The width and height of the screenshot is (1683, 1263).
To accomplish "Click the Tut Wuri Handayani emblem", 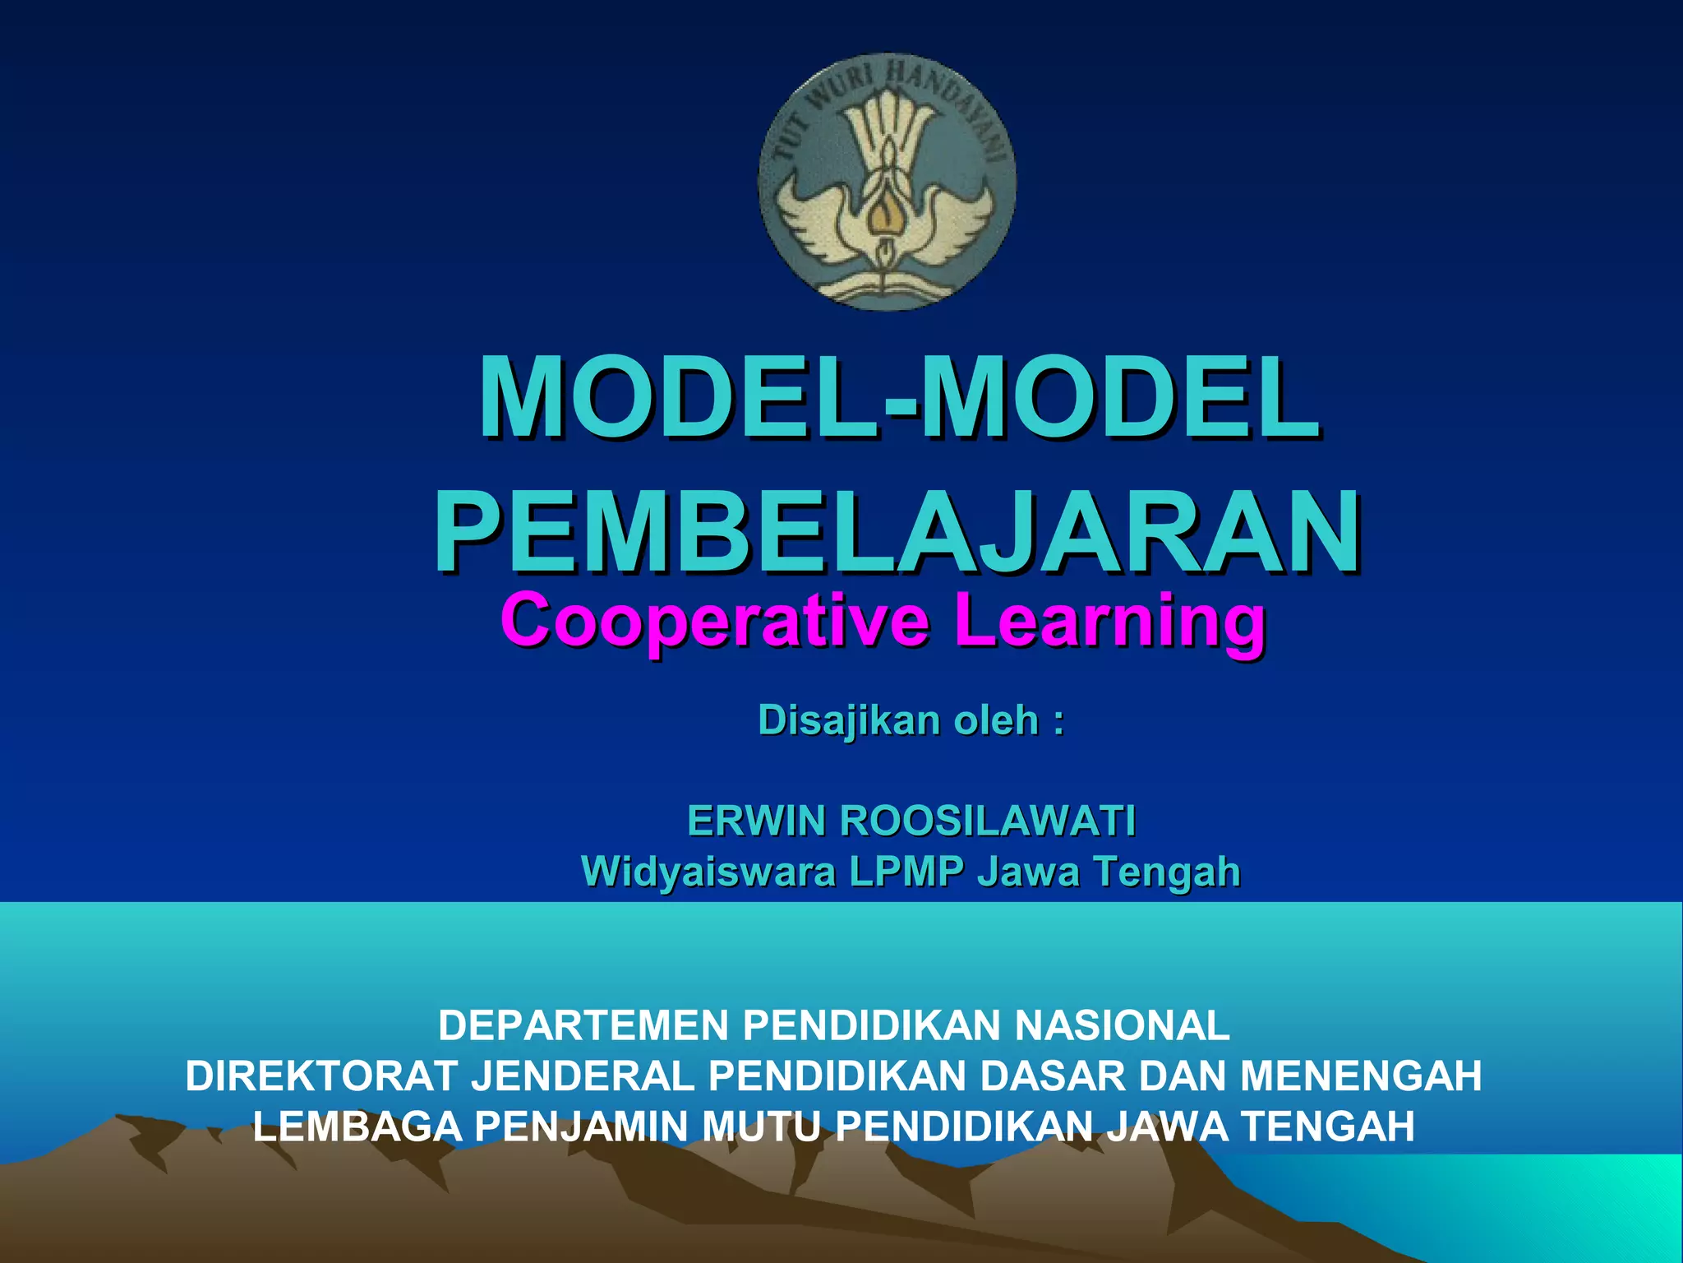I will (887, 182).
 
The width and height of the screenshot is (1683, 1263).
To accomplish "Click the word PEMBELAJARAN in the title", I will (896, 530).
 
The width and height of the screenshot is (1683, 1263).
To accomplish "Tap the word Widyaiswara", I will (708, 872).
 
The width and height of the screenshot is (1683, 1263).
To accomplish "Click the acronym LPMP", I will (906, 872).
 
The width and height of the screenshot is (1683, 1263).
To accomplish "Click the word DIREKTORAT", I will (320, 1076).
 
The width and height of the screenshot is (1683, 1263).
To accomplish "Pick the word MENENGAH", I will (1361, 1076).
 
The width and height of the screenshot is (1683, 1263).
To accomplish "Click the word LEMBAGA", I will (357, 1127).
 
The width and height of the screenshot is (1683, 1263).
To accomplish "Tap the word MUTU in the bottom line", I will (761, 1127).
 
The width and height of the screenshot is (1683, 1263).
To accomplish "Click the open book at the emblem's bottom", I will (886, 285).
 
